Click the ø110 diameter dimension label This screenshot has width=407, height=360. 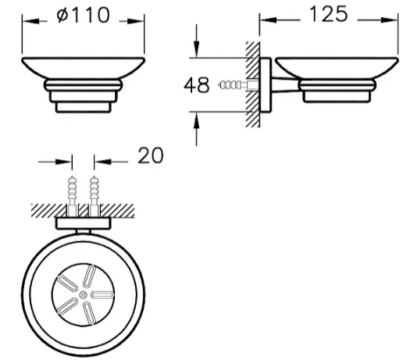[x=84, y=15]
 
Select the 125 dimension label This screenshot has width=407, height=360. [x=329, y=14]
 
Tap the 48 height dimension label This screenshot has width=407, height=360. [x=196, y=85]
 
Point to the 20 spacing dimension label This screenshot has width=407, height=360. [x=151, y=155]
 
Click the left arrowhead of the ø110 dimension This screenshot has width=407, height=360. [x=30, y=21]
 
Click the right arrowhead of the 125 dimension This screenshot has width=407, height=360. [x=389, y=20]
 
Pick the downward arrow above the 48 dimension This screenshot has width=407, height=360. [x=197, y=41]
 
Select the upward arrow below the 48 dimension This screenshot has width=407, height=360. [x=197, y=129]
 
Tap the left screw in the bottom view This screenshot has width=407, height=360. [x=73, y=196]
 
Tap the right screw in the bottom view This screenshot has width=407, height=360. [x=94, y=196]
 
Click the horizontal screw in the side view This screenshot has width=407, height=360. [x=238, y=85]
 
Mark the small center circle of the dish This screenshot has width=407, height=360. [x=83, y=295]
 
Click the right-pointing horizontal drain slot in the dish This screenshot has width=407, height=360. [x=102, y=295]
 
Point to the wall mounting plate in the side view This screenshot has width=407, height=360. [x=266, y=85]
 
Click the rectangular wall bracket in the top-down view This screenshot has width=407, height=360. [x=84, y=223]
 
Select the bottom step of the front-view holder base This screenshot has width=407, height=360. [x=84, y=108]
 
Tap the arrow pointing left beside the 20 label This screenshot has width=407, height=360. [x=111, y=162]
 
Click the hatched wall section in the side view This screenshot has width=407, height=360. [x=252, y=84]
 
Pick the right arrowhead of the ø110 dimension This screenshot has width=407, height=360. [x=135, y=21]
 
